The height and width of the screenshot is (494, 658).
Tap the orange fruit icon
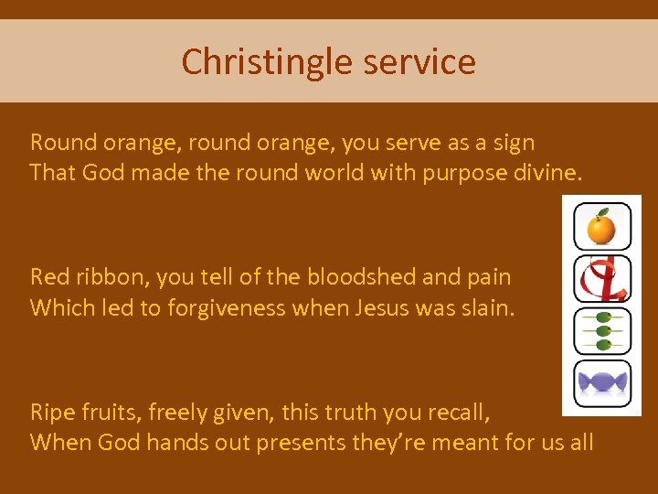tap(601, 227)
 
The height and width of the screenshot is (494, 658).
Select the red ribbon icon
tap(601, 279)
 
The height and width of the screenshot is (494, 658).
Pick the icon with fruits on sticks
tap(601, 331)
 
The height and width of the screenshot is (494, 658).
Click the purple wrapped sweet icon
tap(601, 383)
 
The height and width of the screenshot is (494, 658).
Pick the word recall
tap(459, 413)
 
